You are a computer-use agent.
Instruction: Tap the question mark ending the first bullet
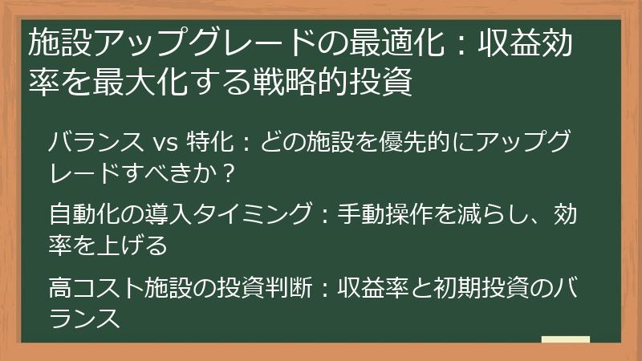click(226, 172)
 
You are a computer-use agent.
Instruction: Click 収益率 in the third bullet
click(368, 285)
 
